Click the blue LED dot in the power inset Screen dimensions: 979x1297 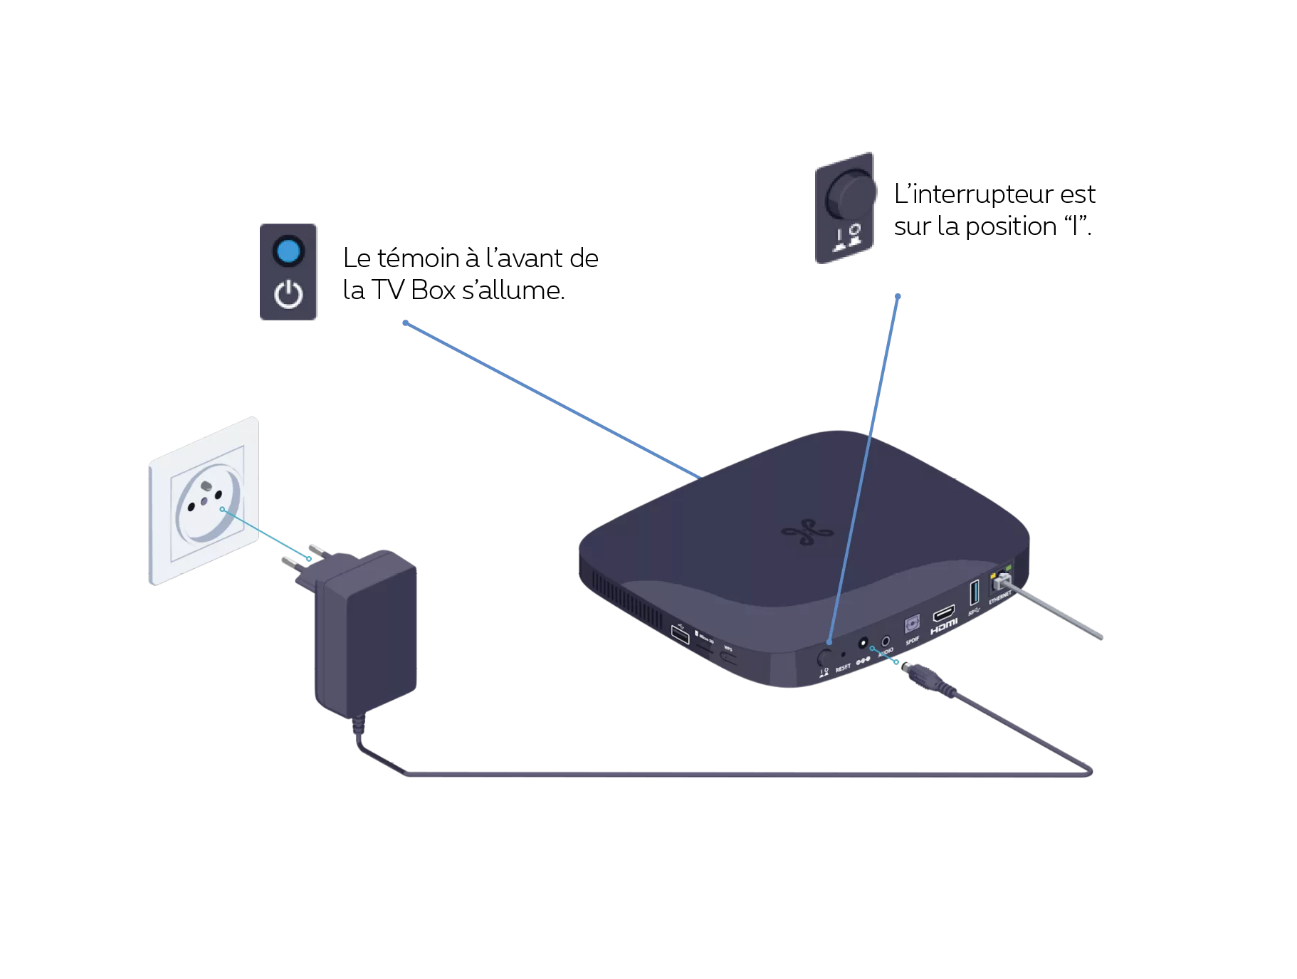click(288, 251)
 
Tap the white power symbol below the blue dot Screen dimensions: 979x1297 click(288, 295)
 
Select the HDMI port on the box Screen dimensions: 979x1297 click(944, 612)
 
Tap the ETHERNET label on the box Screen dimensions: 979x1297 click(1000, 597)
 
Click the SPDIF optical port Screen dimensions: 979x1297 click(912, 624)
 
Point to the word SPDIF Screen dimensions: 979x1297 click(913, 641)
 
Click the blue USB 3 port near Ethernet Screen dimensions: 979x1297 click(975, 593)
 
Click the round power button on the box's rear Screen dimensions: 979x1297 click(826, 656)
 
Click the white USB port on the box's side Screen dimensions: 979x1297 click(680, 634)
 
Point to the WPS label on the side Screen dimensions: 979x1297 click(728, 649)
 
